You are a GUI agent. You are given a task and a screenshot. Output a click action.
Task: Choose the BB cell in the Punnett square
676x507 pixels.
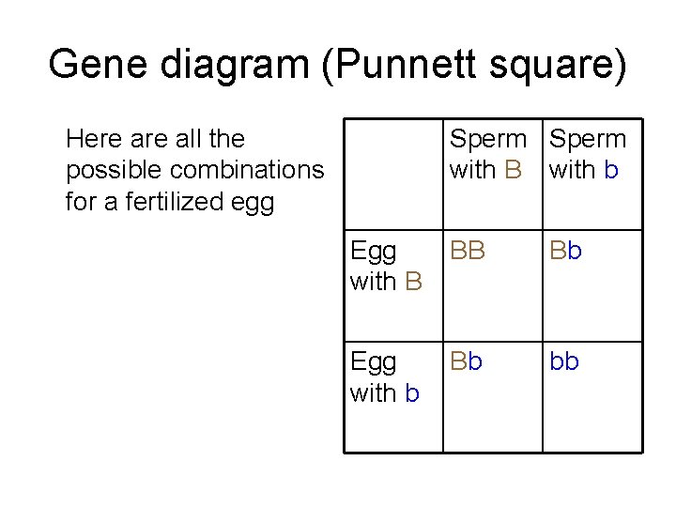(468, 253)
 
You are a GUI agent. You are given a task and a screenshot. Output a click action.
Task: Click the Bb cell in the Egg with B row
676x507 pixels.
(566, 253)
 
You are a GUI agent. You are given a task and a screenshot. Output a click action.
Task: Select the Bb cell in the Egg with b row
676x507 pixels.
(468, 362)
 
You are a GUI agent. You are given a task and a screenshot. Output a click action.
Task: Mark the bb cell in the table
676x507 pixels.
(565, 362)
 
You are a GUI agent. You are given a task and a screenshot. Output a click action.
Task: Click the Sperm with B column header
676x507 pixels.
(488, 155)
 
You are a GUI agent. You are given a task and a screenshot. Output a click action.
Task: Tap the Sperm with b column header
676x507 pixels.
(588, 155)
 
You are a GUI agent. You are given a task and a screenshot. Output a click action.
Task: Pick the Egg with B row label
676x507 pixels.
(386, 266)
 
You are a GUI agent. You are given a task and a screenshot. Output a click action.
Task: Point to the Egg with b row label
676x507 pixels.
(385, 376)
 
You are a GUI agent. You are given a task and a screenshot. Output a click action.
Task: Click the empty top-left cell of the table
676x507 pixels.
(392, 175)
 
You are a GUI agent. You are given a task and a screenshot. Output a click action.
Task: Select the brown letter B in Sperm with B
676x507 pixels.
(513, 171)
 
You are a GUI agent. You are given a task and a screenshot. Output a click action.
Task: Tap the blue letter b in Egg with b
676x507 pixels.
(412, 392)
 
